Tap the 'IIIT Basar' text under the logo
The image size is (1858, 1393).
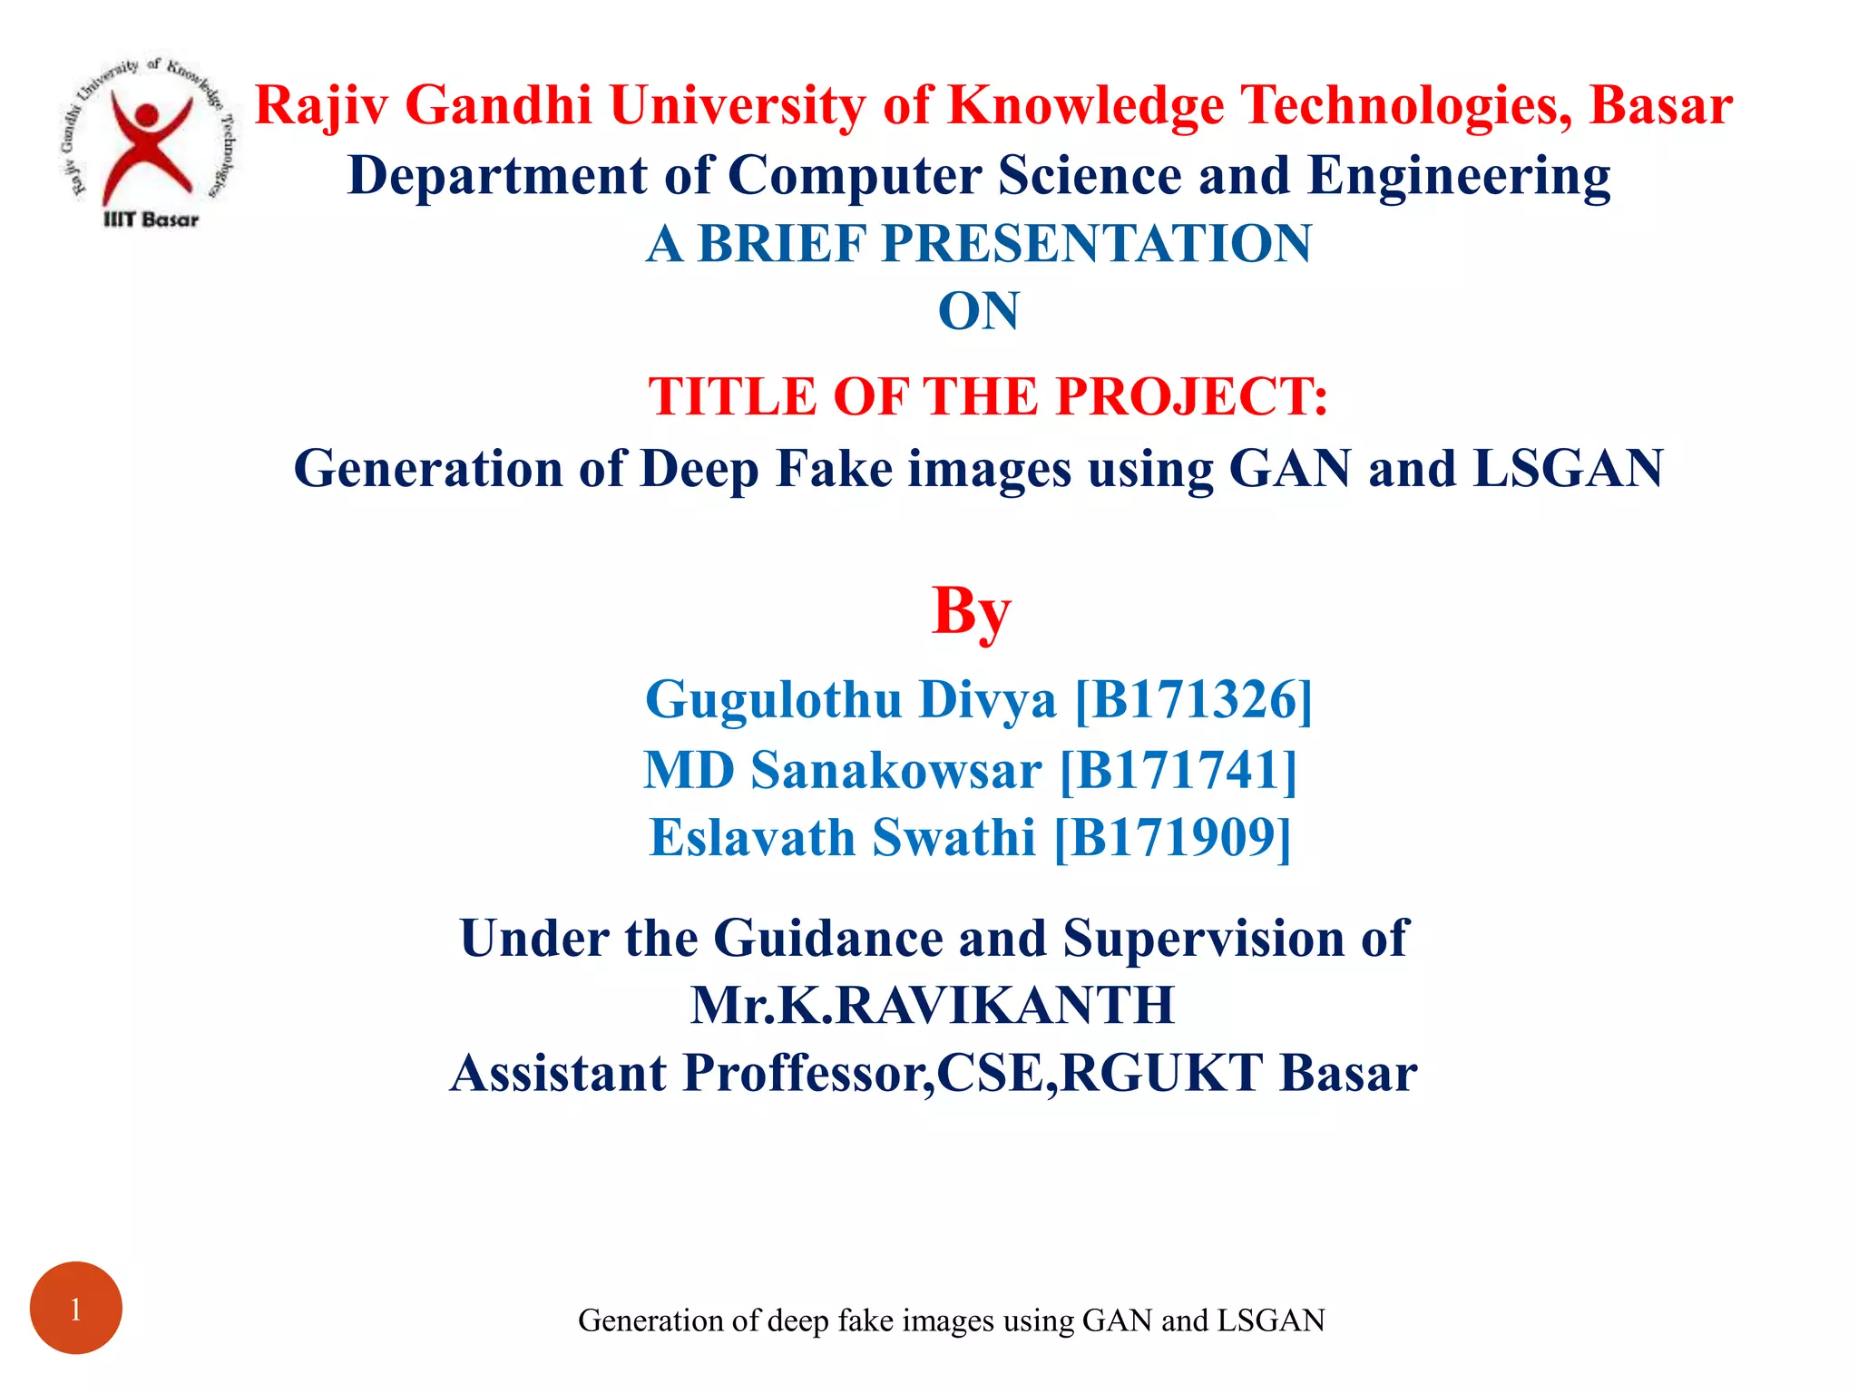151,219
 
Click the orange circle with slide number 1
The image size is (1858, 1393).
76,1308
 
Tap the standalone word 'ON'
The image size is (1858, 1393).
978,311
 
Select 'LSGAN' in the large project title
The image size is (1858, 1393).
1568,469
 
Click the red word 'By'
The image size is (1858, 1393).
971,612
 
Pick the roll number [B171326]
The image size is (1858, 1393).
1194,700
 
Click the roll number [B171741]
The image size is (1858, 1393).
1178,770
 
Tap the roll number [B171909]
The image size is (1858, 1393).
1172,837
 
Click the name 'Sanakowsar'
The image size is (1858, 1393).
896,770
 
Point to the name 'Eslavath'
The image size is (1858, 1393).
753,837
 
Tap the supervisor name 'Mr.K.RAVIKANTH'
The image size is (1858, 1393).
933,1005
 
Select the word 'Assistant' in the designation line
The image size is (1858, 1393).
559,1073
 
